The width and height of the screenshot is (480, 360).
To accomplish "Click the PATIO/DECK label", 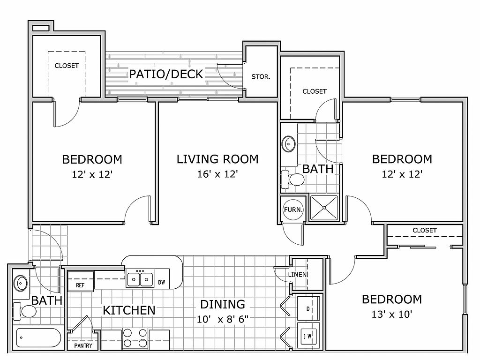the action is click(166, 74).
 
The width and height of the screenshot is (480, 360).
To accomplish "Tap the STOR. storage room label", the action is click(261, 77).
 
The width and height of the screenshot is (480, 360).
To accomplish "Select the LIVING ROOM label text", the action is click(217, 159).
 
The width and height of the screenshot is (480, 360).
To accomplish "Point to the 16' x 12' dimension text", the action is click(217, 174).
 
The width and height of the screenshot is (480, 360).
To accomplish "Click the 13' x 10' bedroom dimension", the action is click(392, 315).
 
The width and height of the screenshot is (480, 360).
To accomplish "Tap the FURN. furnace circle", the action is click(293, 210).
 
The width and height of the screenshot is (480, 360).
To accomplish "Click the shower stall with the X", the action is click(324, 208).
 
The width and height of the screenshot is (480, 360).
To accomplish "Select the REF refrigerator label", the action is click(80, 285).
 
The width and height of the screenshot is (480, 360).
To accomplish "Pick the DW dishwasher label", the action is click(162, 282).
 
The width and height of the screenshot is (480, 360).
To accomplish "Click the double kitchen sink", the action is click(140, 279).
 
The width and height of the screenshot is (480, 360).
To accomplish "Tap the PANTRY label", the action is click(83, 345).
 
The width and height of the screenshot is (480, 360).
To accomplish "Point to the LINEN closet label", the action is click(297, 275).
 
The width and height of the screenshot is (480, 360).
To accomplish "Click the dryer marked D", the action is click(308, 308).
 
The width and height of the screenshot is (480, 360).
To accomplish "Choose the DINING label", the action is click(223, 304).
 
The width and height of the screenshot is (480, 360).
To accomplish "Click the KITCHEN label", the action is click(129, 310).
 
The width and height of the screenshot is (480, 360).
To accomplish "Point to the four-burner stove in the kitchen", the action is click(135, 338).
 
